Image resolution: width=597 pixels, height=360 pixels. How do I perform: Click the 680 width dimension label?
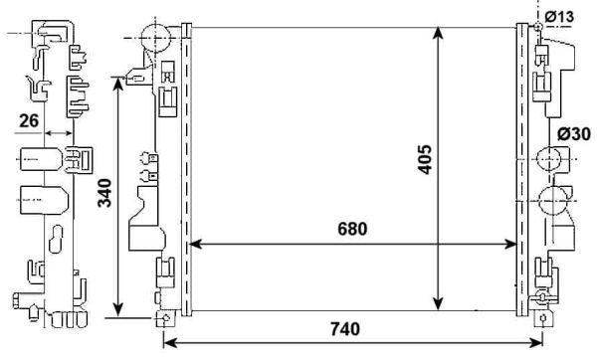[353, 229]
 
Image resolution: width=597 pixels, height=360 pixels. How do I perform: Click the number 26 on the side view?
[28, 121]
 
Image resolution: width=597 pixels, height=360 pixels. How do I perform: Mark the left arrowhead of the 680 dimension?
[195, 243]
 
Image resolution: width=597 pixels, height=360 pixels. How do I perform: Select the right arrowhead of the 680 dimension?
[512, 243]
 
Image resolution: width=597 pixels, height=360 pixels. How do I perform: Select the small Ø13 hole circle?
[538, 25]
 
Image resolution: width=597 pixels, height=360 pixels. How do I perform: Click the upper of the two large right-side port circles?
[550, 159]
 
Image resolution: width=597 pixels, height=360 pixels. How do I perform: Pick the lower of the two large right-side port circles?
[550, 203]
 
